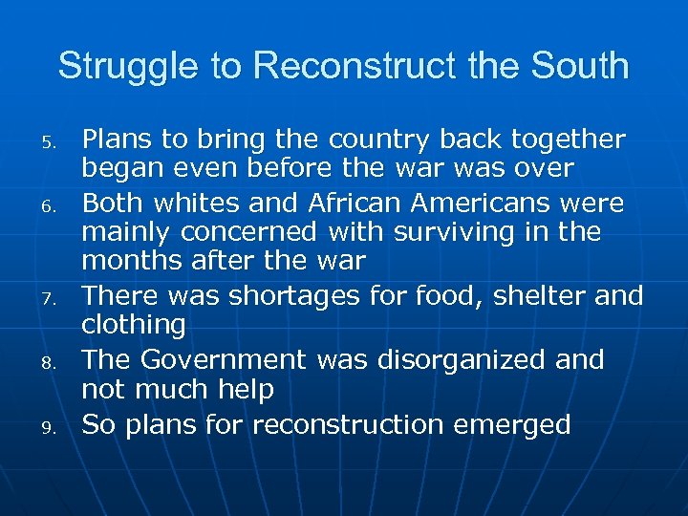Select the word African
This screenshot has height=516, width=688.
click(x=353, y=204)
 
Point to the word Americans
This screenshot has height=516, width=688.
click(x=490, y=204)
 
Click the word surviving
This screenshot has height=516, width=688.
click(x=449, y=233)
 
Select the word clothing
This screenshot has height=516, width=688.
click(x=134, y=325)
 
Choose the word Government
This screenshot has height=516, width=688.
click(x=222, y=360)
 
